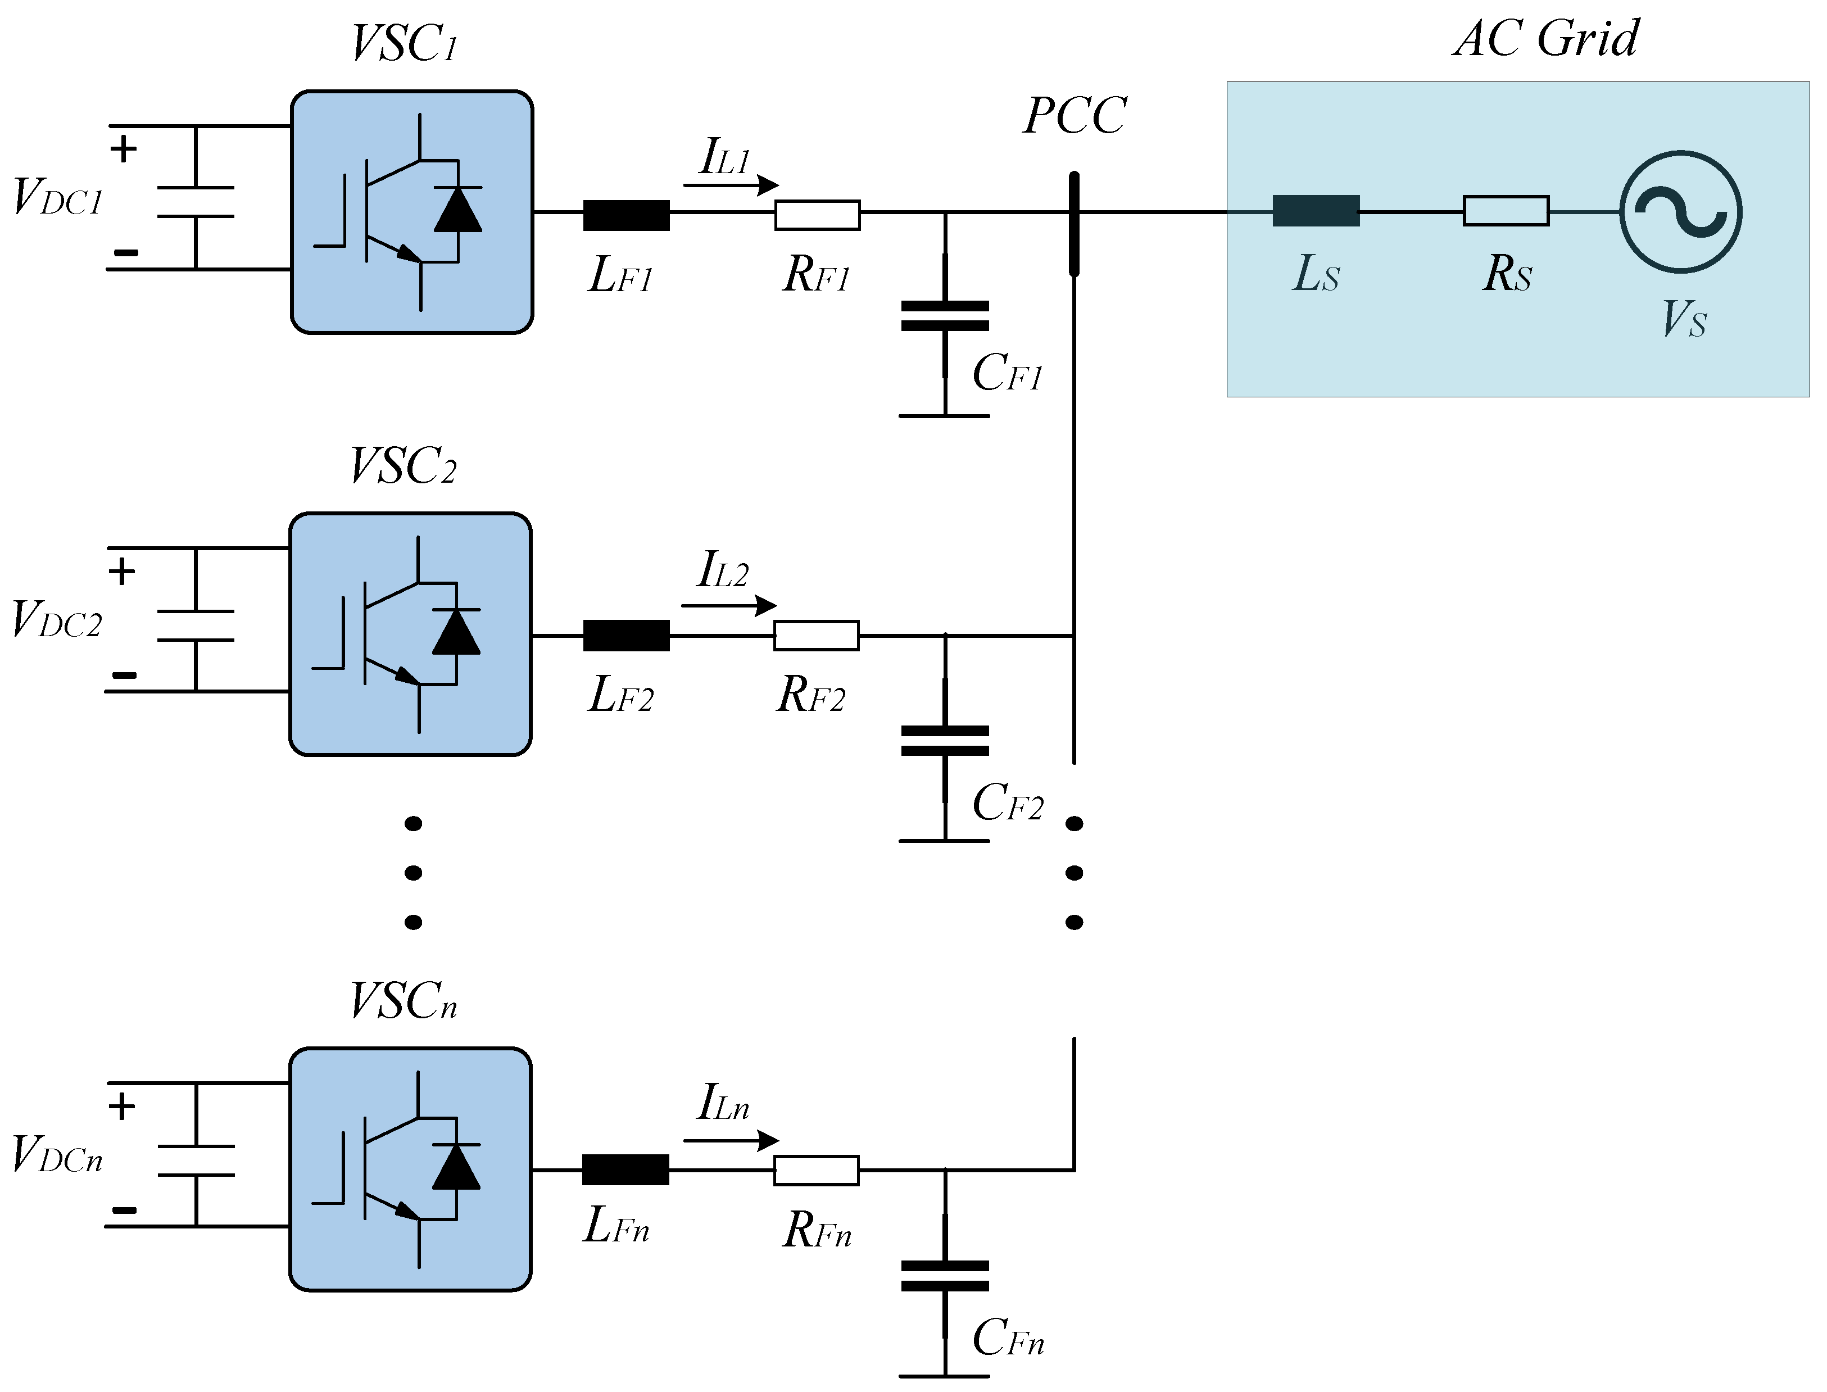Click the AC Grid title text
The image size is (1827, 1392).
pyautogui.click(x=1546, y=38)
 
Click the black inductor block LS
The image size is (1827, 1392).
pyautogui.click(x=1316, y=211)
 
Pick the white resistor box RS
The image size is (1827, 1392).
pyautogui.click(x=1506, y=211)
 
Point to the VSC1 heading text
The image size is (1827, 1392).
pyautogui.click(x=404, y=43)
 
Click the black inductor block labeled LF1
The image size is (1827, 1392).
pyautogui.click(x=627, y=215)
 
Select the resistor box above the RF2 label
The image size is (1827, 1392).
pyautogui.click(x=816, y=636)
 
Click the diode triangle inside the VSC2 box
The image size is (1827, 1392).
pyautogui.click(x=456, y=633)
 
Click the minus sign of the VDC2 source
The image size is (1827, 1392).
pyautogui.click(x=124, y=675)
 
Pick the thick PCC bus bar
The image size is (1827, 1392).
pyautogui.click(x=1074, y=224)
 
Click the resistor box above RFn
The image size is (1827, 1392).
pyautogui.click(x=816, y=1171)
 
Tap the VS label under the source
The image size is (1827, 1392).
pyautogui.click(x=1684, y=319)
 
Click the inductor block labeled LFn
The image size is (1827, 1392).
pyautogui.click(x=625, y=1170)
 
